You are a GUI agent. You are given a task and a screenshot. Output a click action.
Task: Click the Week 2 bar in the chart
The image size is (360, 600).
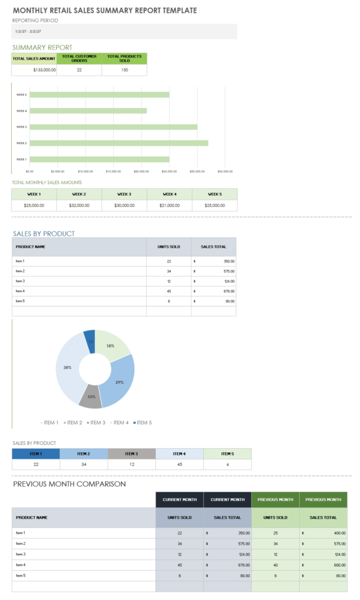click(117, 143)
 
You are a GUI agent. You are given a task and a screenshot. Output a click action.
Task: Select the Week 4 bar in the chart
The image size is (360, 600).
click(88, 111)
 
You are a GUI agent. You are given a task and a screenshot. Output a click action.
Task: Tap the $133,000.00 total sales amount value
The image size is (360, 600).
click(45, 70)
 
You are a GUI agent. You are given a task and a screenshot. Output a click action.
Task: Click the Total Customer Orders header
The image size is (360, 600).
click(79, 58)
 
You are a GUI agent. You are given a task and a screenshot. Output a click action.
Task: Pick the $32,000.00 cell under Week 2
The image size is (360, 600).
click(79, 206)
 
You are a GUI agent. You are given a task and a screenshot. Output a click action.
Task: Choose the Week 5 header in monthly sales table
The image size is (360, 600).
click(215, 194)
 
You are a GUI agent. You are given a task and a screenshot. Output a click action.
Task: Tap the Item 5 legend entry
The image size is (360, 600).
click(142, 422)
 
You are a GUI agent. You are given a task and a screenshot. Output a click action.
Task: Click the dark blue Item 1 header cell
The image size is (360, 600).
click(36, 454)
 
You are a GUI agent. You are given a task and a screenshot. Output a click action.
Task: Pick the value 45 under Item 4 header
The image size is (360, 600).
click(179, 464)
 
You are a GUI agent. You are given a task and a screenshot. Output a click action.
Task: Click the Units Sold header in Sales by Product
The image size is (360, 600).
click(168, 247)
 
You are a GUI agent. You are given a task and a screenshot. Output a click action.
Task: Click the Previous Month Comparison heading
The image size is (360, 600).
click(70, 484)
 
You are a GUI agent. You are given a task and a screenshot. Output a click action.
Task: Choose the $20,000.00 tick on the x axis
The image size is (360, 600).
click(141, 172)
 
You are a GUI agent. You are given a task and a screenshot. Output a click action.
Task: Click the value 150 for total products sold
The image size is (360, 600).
click(124, 70)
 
